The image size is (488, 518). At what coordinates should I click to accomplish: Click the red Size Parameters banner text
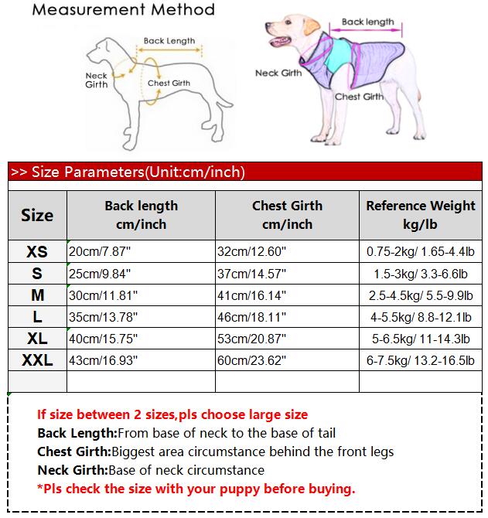click(x=128, y=172)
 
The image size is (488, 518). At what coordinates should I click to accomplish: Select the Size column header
click(x=37, y=216)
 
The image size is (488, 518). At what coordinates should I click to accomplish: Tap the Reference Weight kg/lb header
click(x=421, y=215)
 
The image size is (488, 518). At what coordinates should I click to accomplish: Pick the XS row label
click(x=37, y=252)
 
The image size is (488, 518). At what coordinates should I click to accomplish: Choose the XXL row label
click(x=37, y=360)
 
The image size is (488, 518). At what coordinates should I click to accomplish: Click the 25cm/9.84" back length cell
click(x=101, y=274)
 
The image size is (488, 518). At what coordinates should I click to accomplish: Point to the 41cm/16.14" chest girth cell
click(x=253, y=295)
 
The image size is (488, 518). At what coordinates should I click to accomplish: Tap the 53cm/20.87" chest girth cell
click(x=253, y=339)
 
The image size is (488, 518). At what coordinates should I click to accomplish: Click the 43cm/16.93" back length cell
click(x=101, y=360)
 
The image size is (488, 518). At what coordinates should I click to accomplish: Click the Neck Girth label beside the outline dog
click(x=97, y=80)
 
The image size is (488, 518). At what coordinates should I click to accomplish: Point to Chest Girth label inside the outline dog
click(x=169, y=83)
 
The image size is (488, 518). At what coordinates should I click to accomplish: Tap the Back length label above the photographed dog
click(x=367, y=22)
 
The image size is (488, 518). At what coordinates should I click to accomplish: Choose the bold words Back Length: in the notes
click(x=77, y=433)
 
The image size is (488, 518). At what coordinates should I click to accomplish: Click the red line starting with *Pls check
click(x=196, y=489)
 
